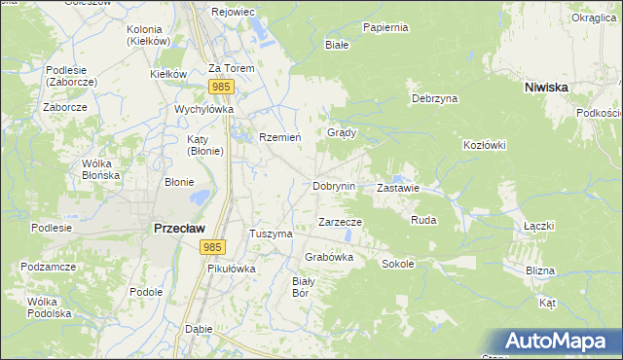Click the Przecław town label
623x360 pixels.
coord(178,228)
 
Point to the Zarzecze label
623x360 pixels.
coord(341,222)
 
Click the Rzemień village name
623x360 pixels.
coord(279,137)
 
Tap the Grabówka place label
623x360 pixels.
coord(329,257)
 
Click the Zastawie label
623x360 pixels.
coord(397,188)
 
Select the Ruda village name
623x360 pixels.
coord(423,221)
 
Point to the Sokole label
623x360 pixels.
coord(397,264)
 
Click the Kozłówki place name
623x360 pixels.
coord(484,145)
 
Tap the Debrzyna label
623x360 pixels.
coord(434,99)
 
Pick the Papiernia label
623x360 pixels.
coord(385,27)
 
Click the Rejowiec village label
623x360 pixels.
coord(233,13)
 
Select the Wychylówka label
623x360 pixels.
coord(204,110)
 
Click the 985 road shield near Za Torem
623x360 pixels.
coord(220,88)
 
